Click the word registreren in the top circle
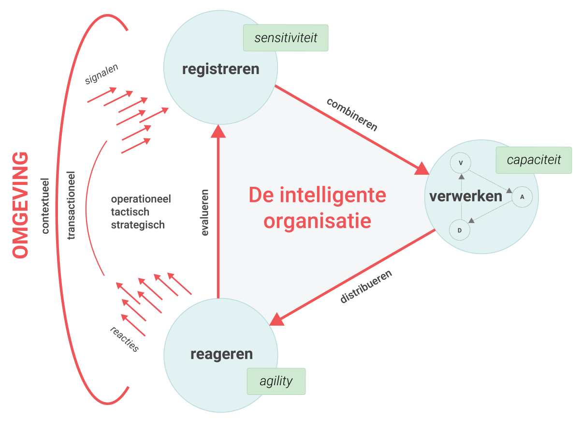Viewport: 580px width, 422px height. pyautogui.click(x=220, y=69)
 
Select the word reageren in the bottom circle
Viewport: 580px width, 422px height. pyautogui.click(x=221, y=354)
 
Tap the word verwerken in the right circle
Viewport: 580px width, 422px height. pyautogui.click(x=465, y=196)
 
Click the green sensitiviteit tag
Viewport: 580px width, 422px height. pyautogui.click(x=286, y=38)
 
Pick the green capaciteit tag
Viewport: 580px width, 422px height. pyautogui.click(x=534, y=160)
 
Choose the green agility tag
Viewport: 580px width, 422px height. pyautogui.click(x=276, y=381)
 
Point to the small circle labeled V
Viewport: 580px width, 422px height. pyautogui.click(x=461, y=163)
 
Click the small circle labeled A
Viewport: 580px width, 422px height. pyautogui.click(x=522, y=197)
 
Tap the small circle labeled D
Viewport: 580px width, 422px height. pyautogui.click(x=460, y=230)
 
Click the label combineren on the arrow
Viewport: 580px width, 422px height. pyautogui.click(x=352, y=114)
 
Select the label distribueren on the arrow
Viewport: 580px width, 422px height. pyautogui.click(x=366, y=286)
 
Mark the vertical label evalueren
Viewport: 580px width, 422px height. pyautogui.click(x=205, y=211)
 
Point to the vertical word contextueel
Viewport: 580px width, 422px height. pyautogui.click(x=46, y=205)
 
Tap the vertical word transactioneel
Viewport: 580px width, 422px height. pyautogui.click(x=72, y=205)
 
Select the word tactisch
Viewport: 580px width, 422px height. pyautogui.click(x=130, y=212)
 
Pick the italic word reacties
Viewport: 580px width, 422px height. pyautogui.click(x=124, y=339)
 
